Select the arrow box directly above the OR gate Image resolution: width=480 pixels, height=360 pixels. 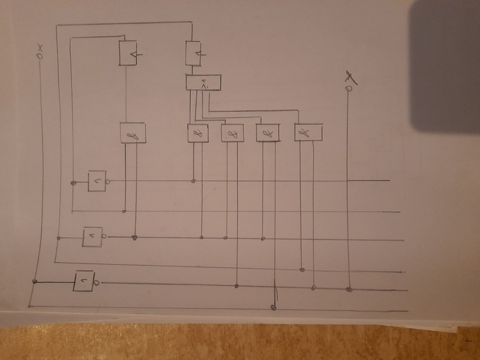tap(193, 55)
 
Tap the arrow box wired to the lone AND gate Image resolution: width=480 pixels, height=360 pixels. tap(129, 53)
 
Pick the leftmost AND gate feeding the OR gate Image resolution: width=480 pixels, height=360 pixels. tap(198, 133)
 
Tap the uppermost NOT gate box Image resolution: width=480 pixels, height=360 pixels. tap(97, 181)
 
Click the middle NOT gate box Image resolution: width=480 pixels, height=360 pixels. tap(93, 237)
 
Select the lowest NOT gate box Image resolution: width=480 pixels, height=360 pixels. tap(84, 281)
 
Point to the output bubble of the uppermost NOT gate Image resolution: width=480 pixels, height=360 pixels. tap(108, 181)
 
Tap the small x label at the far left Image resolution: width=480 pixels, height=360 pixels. tap(40, 47)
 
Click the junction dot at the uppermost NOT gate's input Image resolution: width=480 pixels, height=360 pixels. tap(73, 182)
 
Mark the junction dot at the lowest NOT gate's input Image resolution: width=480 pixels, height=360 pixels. tap(35, 281)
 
